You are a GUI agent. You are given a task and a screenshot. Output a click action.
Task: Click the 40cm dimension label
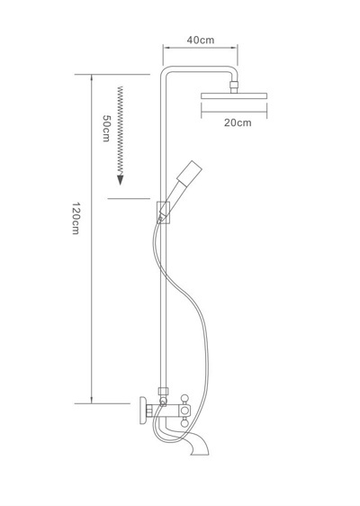coord(201,40)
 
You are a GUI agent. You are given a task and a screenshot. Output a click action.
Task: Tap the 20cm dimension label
coord(238,122)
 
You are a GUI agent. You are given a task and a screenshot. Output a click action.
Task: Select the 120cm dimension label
coord(76,218)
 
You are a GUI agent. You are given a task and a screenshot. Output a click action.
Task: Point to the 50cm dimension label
coord(106,128)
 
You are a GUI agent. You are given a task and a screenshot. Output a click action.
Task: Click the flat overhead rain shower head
coord(234,95)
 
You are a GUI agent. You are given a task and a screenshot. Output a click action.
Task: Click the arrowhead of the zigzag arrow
coord(121,180)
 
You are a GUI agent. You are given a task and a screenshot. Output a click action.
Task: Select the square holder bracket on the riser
coord(163,212)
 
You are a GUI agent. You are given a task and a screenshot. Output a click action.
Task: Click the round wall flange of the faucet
coord(143,411)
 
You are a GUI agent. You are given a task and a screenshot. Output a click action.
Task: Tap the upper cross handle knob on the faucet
coord(184,398)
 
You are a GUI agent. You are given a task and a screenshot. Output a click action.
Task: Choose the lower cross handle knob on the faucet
coord(184,423)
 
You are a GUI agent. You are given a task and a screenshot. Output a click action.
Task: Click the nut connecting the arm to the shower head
coord(234,86)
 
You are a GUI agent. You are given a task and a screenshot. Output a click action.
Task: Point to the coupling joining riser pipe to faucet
coord(164,392)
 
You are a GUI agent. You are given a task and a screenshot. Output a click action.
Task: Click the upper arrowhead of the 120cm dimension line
coord(92,77)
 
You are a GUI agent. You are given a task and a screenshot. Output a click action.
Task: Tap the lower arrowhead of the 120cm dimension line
coord(92,400)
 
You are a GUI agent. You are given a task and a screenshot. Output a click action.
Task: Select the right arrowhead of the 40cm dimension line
coord(235,48)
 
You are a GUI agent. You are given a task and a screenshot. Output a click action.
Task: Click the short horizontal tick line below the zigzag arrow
coord(129,198)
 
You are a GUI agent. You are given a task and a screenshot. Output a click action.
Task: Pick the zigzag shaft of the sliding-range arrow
coord(121,131)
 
